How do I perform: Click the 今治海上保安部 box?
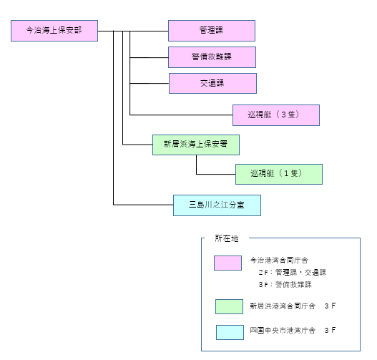(54, 31)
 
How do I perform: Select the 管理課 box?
(212, 31)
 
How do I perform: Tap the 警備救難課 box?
(212, 57)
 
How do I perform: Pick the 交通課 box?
(212, 83)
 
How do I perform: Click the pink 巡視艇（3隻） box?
(276, 115)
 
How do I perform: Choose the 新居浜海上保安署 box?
(196, 145)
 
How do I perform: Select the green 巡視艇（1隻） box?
(279, 174)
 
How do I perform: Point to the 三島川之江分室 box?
(217, 205)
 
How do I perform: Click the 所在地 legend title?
(227, 238)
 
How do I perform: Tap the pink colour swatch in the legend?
(228, 263)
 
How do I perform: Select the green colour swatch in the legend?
(229, 306)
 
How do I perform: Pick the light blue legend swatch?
(230, 332)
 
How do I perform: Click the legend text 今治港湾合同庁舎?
(279, 261)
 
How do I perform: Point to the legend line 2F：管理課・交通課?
(293, 273)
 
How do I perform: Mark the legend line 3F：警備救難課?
(285, 285)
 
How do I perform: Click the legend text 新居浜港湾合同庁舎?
(283, 306)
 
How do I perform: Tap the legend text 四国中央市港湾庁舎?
(283, 330)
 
